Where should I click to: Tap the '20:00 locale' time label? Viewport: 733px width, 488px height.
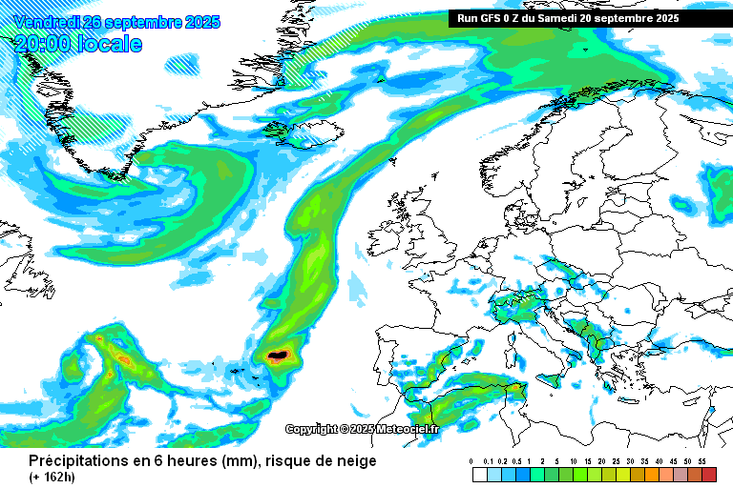pos(78,44)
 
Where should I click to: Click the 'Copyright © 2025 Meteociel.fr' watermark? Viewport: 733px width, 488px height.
pos(363,430)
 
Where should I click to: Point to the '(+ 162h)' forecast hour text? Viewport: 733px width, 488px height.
pos(53,476)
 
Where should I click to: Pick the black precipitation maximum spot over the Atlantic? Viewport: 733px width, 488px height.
pos(278,356)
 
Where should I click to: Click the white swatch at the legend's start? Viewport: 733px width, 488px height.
pos(479,474)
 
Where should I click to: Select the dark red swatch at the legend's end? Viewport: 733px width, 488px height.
pos(708,474)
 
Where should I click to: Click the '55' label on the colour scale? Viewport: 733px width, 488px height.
pos(702,461)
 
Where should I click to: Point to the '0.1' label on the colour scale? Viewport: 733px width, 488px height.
pos(488,461)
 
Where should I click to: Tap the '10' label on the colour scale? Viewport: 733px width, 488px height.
pos(573,461)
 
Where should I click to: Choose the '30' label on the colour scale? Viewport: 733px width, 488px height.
pos(630,461)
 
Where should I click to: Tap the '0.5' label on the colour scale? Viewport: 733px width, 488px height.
pos(515,461)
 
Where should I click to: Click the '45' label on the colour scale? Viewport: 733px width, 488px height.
pos(673,461)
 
